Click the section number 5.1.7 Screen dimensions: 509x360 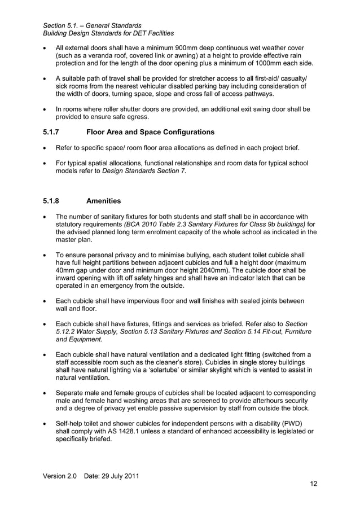(x=53, y=132)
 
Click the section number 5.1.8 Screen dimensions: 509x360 (x=53, y=200)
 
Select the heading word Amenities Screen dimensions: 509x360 (x=104, y=200)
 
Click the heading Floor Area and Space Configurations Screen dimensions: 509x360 (x=151, y=132)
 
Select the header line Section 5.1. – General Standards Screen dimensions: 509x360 (x=92, y=25)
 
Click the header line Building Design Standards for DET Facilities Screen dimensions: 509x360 (x=108, y=34)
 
